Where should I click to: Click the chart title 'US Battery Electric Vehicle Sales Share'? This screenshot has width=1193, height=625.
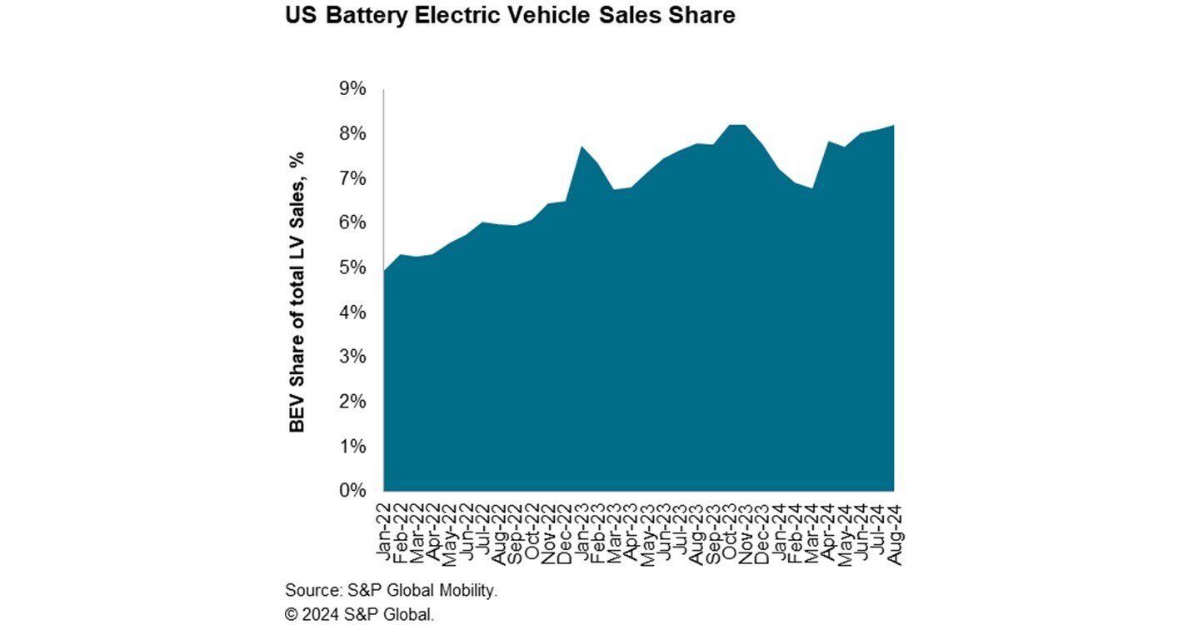tap(510, 16)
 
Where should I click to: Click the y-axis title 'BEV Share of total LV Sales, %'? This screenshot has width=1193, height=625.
tap(297, 292)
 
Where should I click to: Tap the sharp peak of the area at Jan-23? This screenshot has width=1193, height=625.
tap(582, 147)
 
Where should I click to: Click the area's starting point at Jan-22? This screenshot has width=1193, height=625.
tap(384, 271)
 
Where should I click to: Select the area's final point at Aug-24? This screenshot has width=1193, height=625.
tap(894, 126)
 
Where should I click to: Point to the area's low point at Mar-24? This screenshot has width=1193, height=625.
tap(811, 188)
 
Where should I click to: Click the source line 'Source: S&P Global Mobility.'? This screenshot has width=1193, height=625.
tap(391, 591)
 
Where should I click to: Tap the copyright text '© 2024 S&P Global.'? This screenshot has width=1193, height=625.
tap(359, 615)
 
